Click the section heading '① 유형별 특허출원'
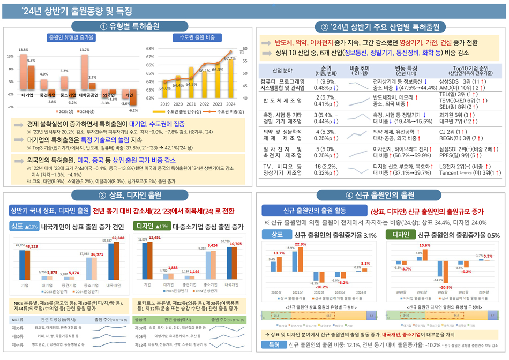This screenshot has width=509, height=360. (128, 26)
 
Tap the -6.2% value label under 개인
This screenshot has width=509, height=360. (133, 110)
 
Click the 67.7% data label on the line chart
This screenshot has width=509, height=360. (229, 58)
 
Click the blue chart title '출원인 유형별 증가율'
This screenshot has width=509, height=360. (71, 37)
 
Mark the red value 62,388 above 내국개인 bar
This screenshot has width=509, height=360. (118, 237)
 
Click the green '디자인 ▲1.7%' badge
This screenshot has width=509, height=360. (151, 226)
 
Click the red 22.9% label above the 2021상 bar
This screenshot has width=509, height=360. (300, 244)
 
